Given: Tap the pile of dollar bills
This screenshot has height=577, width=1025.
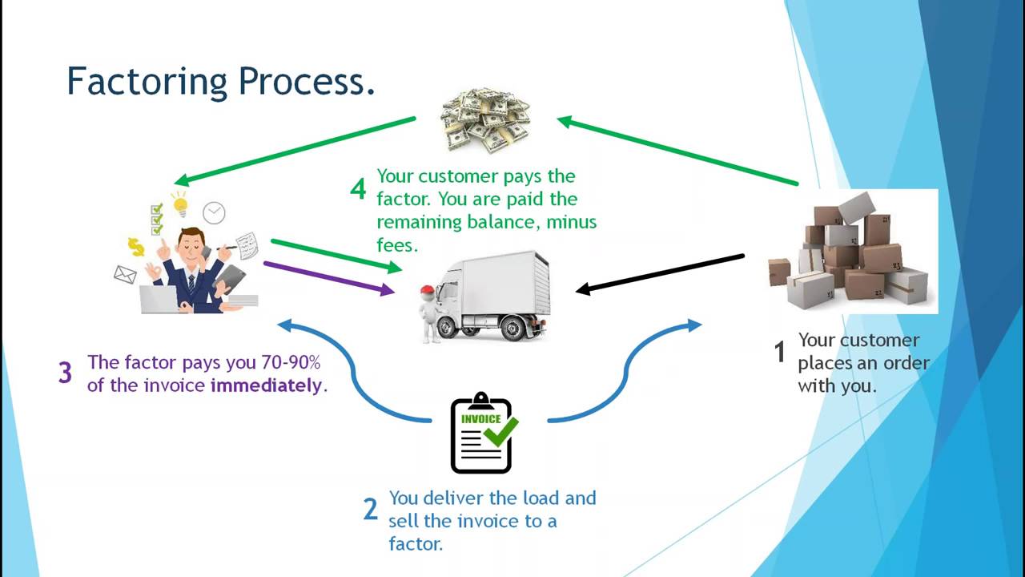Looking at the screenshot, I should pyautogui.click(x=485, y=120).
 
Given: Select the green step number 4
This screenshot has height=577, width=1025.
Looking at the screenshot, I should pyautogui.click(x=358, y=189).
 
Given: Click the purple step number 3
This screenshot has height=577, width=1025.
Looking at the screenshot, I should pyautogui.click(x=65, y=373).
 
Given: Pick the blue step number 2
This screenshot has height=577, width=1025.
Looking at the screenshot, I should pyautogui.click(x=369, y=510).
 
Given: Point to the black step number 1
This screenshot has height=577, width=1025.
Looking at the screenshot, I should pyautogui.click(x=779, y=352).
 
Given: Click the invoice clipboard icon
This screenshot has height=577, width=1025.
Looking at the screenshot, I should pyautogui.click(x=481, y=434).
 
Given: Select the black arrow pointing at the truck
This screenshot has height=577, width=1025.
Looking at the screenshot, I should pyautogui.click(x=661, y=273).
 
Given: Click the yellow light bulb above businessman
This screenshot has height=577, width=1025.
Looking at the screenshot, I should pyautogui.click(x=180, y=203).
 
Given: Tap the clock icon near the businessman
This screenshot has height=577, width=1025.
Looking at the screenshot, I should pyautogui.click(x=214, y=212).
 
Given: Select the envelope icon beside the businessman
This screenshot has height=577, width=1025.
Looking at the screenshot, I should pyautogui.click(x=125, y=275).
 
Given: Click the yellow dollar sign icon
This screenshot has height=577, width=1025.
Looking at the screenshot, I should pyautogui.click(x=137, y=246).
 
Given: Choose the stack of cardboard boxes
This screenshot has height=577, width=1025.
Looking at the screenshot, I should pyautogui.click(x=850, y=252).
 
